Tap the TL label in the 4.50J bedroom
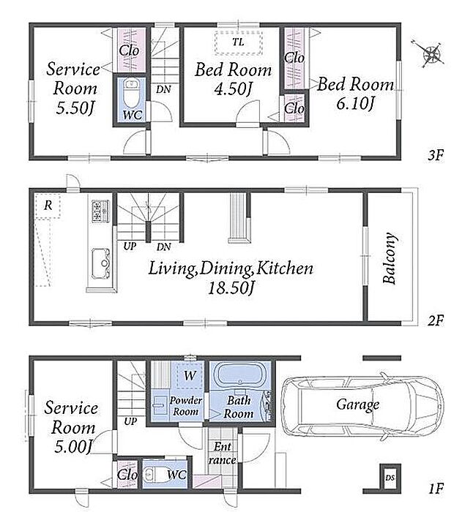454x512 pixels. click(238, 42)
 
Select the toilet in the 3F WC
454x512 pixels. click(131, 92)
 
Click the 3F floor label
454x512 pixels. click(436, 155)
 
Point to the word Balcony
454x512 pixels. click(390, 258)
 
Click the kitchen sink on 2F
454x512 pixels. click(100, 263)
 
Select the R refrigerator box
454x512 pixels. click(48, 206)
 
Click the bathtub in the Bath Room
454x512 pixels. click(240, 375)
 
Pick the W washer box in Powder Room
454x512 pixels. click(190, 375)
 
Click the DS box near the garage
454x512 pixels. click(390, 478)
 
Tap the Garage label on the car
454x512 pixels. click(357, 405)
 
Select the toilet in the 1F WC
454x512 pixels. click(153, 474)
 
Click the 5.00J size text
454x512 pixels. click(72, 446)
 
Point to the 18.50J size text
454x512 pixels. click(231, 287)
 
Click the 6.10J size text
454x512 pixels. click(355, 104)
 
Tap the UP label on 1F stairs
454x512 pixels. click(130, 421)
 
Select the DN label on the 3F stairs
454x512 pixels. click(163, 89)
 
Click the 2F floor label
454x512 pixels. click(436, 320)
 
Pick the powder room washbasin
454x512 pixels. click(160, 405)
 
